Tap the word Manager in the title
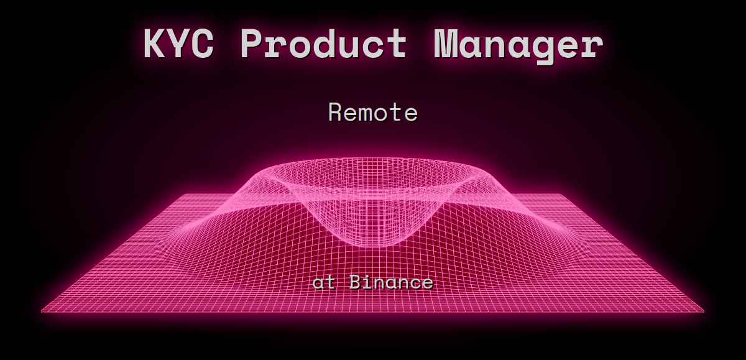[x=518, y=44]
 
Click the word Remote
[x=373, y=113]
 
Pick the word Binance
[x=391, y=283]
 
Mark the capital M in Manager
[x=447, y=44]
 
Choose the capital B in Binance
[x=356, y=283]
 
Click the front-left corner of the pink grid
[x=42, y=310]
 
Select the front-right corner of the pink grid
[x=704, y=310]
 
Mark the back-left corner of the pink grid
[x=182, y=195]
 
